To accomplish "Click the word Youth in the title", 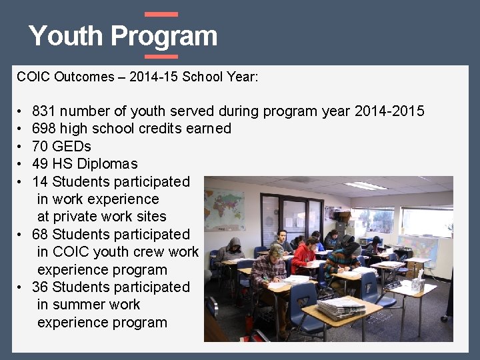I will [66, 36].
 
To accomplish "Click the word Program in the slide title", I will [164, 36].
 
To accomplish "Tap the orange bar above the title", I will [161, 14].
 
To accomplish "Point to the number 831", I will [43, 111].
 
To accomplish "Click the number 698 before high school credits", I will [43, 129].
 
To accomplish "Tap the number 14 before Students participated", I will [40, 181].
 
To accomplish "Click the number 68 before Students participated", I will [40, 234].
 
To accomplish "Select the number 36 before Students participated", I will [40, 287].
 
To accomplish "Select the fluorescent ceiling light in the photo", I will [365, 185].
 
